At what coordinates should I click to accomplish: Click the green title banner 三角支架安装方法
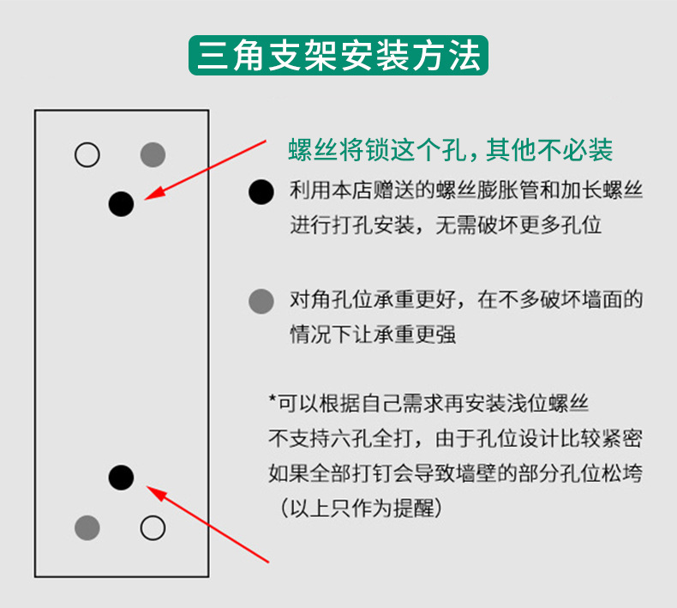(338, 56)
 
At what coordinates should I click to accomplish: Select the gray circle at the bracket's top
(153, 154)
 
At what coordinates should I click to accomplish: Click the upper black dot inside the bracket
(122, 204)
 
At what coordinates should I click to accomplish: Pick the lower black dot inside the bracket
(122, 478)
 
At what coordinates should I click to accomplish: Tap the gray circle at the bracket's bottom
(87, 527)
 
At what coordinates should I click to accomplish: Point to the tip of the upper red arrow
(144, 200)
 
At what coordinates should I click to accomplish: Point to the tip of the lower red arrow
(147, 486)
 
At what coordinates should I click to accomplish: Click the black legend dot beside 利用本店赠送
(261, 192)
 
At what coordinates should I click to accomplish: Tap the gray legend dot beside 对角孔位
(261, 301)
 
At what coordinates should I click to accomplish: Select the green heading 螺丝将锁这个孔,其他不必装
(450, 150)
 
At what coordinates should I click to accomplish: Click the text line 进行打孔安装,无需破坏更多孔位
(446, 226)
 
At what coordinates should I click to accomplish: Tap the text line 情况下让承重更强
(373, 334)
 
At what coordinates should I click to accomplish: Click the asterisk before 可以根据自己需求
(272, 399)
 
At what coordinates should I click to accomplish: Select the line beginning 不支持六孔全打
(456, 438)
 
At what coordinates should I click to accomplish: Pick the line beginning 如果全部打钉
(456, 473)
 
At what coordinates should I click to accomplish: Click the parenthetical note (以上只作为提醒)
(362, 509)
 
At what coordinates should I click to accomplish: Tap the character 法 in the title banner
(464, 56)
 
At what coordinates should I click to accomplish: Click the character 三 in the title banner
(213, 56)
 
